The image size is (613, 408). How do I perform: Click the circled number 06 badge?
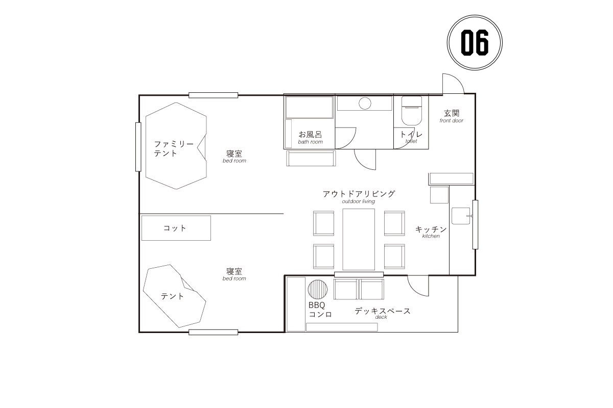tap(475, 42)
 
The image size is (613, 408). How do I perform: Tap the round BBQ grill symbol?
tap(317, 289)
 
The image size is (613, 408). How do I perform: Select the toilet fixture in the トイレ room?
tap(411, 110)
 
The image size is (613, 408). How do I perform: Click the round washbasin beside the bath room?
tap(365, 104)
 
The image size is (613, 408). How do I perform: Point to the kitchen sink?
tap(461, 216)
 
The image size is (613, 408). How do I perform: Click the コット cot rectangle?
tap(176, 228)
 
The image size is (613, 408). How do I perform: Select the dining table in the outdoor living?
tap(359, 239)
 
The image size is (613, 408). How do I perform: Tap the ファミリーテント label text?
tap(174, 148)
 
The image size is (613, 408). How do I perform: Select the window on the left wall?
tap(138, 147)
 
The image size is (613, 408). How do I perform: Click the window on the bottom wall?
tap(213, 333)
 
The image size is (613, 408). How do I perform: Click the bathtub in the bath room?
tap(309, 107)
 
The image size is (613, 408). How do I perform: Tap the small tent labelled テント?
tap(174, 296)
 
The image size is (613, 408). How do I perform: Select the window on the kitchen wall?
tap(476, 224)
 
